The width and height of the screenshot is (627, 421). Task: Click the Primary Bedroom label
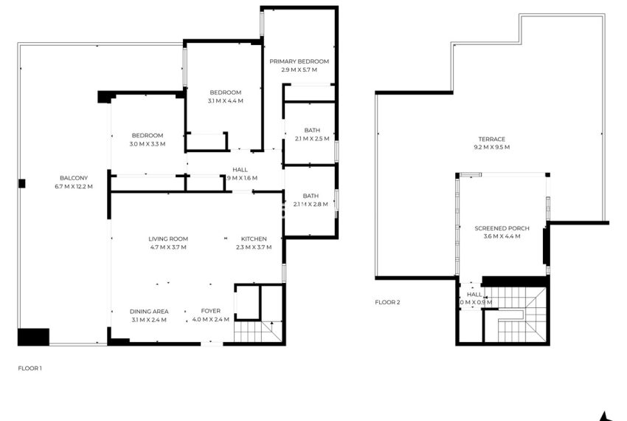(x=299, y=61)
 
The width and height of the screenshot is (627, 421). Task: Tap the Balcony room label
(x=74, y=178)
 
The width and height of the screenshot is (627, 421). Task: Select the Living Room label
(x=168, y=239)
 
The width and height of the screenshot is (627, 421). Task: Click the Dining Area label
(x=149, y=311)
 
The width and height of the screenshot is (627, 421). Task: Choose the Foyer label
(x=211, y=311)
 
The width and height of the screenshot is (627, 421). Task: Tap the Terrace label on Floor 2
(x=491, y=139)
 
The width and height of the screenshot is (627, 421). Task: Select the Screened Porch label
(x=502, y=228)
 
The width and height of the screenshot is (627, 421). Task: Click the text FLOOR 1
(x=30, y=367)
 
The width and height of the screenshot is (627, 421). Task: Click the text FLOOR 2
(x=387, y=302)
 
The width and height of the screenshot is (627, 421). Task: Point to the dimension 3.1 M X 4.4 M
(x=226, y=100)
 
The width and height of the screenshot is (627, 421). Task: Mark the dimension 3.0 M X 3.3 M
(x=148, y=143)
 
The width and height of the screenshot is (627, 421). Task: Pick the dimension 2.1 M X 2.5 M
(x=311, y=138)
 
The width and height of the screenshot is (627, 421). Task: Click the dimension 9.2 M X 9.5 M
(x=491, y=147)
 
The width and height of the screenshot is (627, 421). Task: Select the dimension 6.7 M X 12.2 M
(x=74, y=186)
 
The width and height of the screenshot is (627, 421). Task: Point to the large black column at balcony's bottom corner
(x=33, y=337)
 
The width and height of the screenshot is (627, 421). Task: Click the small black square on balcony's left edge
(x=22, y=183)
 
